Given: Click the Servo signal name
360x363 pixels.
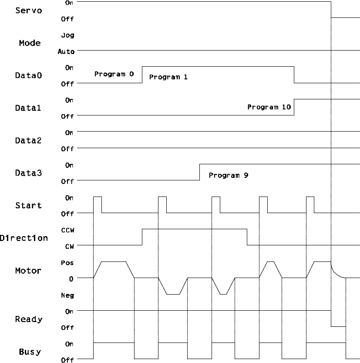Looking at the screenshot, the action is [x=29, y=10].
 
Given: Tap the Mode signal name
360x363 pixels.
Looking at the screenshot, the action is [x=30, y=43].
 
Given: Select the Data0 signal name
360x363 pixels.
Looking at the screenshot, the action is [x=27, y=75].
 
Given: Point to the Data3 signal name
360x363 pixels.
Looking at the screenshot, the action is [x=27, y=173].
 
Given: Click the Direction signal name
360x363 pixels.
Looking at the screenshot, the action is [x=24, y=238].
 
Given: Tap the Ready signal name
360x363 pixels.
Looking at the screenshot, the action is [x=29, y=319].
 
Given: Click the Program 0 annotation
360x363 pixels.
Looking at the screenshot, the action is [x=114, y=74].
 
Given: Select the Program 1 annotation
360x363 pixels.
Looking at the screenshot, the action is [x=168, y=77].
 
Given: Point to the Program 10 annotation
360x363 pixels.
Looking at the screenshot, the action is [x=269, y=107].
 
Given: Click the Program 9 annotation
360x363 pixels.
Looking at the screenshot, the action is [x=229, y=176].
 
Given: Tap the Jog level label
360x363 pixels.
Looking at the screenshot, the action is [x=67, y=35].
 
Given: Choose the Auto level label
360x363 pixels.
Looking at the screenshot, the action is [x=66, y=51].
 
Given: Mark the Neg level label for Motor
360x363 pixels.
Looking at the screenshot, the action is [x=68, y=295].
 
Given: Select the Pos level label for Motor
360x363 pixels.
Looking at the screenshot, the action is [x=68, y=263].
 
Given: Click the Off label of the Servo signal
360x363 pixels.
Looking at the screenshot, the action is [x=67, y=19].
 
